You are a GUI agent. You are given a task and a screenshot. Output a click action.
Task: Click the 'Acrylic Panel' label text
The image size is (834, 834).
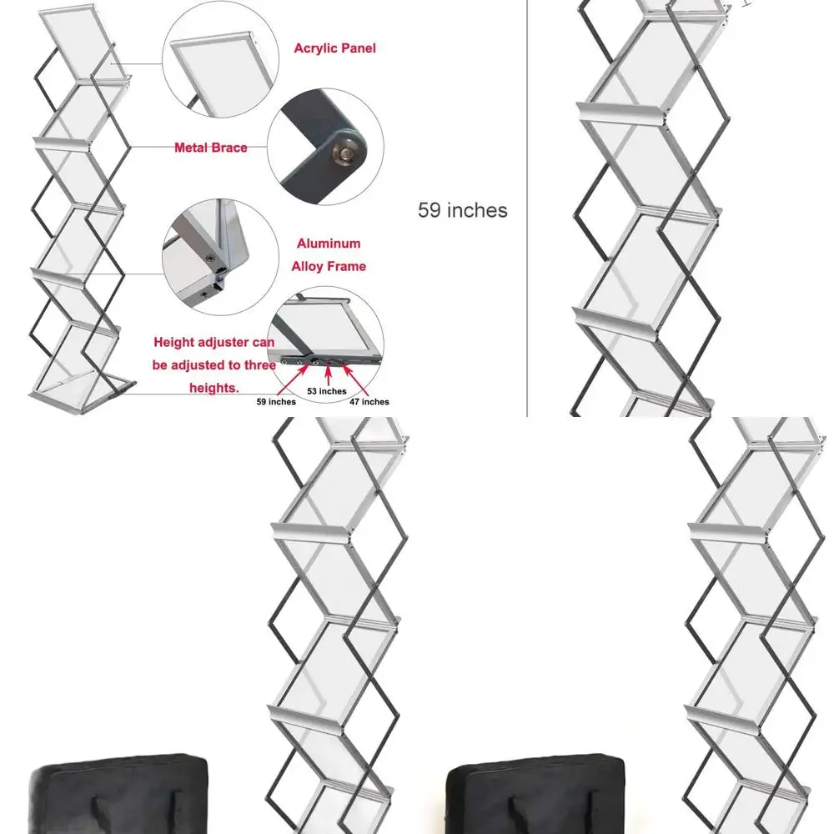point(334,48)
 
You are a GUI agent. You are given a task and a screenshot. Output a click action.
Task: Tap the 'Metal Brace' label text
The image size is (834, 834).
point(210,148)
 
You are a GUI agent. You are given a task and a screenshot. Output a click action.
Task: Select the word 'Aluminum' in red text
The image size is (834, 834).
point(329,244)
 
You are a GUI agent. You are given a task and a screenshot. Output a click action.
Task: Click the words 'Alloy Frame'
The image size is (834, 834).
point(329,266)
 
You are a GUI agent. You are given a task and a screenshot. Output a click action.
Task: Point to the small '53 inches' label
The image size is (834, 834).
point(326,391)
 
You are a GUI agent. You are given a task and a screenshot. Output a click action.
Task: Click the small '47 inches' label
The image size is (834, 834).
point(369,401)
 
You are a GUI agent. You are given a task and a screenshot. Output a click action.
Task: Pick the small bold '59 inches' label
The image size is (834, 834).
point(276,401)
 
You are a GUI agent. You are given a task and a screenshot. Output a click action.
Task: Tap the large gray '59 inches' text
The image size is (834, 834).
point(462,210)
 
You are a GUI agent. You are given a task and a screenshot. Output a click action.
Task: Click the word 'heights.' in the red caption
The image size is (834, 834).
point(214,388)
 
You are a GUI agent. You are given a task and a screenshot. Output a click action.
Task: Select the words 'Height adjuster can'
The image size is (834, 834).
point(214,342)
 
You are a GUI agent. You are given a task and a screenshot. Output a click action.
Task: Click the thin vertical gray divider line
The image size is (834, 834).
point(527,208)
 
